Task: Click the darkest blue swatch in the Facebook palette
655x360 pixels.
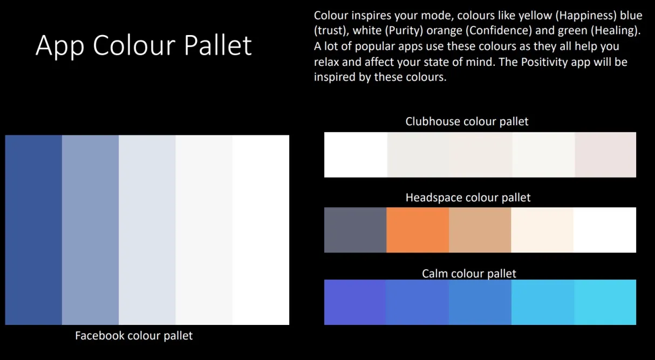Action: (33, 230)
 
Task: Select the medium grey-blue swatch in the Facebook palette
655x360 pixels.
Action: (90, 230)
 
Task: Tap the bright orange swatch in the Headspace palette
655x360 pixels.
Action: (418, 230)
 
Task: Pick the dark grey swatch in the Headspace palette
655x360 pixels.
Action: (355, 230)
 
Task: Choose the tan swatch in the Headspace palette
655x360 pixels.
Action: (480, 230)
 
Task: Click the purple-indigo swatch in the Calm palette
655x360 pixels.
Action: (355, 302)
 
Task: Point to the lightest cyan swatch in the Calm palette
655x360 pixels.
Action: (605, 302)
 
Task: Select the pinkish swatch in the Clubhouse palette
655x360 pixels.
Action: (605, 155)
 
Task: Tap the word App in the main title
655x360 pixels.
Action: (60, 47)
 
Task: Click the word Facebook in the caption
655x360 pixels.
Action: (100, 335)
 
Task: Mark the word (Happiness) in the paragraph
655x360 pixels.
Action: (586, 16)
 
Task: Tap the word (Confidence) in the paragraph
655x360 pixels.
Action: (499, 31)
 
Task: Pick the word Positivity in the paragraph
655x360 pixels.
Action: (545, 62)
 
